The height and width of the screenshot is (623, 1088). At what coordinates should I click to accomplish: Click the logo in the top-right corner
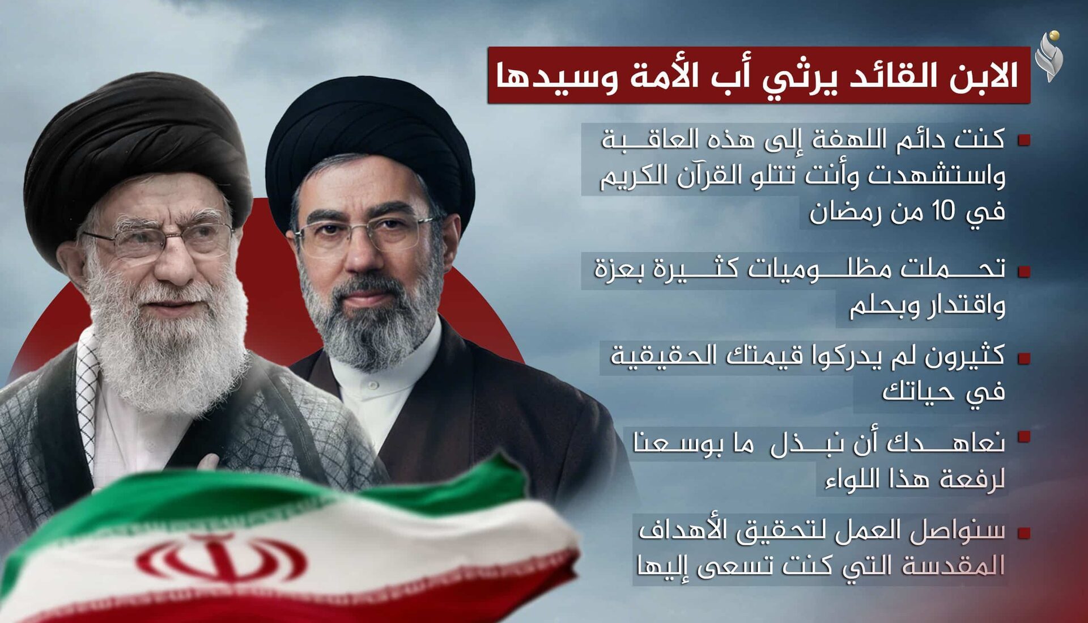click(1049, 57)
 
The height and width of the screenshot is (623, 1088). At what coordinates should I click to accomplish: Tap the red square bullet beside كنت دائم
click(1023, 140)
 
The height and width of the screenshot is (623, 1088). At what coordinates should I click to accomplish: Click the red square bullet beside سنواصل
click(1023, 533)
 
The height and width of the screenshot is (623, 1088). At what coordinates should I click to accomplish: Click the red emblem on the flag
click(221, 558)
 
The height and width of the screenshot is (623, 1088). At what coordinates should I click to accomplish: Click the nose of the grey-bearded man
click(363, 255)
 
